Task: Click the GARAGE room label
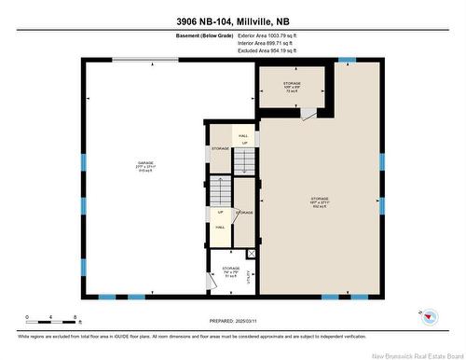click(144, 166)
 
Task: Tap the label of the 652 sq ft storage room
click(320, 201)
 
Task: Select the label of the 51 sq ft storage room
click(230, 271)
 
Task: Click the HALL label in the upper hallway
click(243, 136)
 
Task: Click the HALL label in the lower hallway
click(220, 227)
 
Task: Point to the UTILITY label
click(250, 274)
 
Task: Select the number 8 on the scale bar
click(74, 317)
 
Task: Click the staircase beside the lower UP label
click(220, 192)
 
